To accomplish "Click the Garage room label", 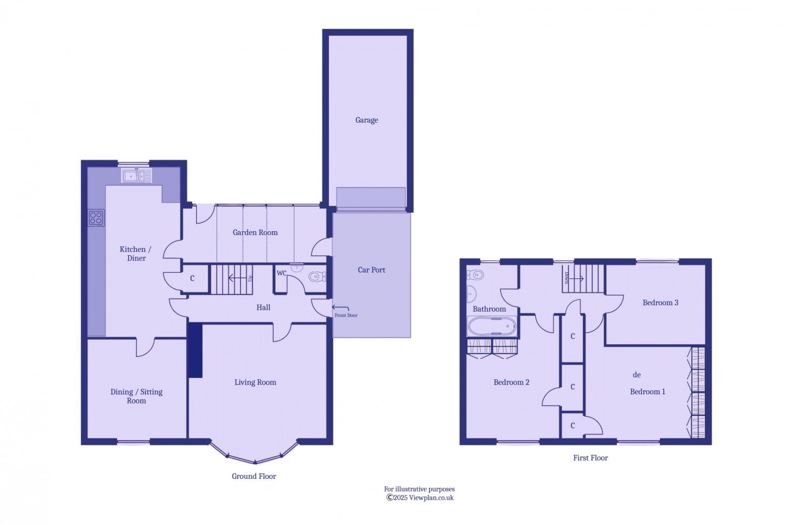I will coord(366,120).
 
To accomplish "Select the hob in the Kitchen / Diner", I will coord(96,218).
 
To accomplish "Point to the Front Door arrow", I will coord(341,308).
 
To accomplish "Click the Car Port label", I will coord(371,270).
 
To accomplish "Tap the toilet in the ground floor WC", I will coord(317,277).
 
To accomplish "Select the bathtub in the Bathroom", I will coord(492,326).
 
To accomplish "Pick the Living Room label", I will coord(255,382).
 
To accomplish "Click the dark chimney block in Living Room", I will coord(195,350).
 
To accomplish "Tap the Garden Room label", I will coord(255,233).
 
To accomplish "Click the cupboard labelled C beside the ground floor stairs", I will coord(193,278).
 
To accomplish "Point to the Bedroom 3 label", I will coord(660,303).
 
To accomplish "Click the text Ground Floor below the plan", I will coord(254,476).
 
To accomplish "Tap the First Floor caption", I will coord(590,458).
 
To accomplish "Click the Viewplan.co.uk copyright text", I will coord(420,498).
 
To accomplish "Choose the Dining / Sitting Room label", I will coord(136,396).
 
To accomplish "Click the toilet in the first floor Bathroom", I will coord(476,275).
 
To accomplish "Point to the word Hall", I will coord(263,307).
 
